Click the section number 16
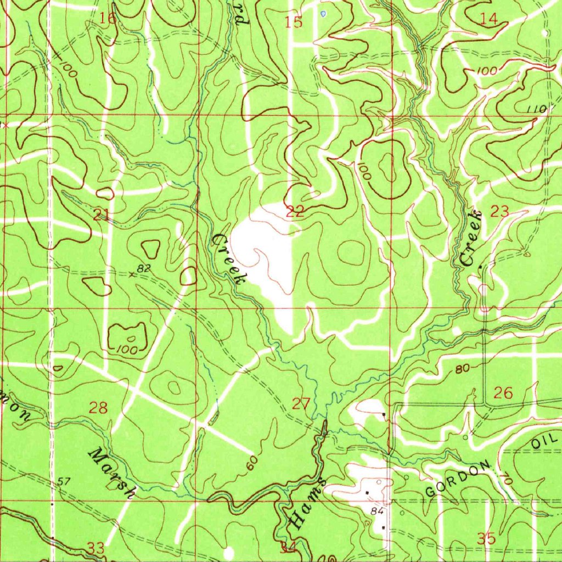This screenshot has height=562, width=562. click(x=109, y=19)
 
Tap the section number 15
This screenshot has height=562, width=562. click(x=294, y=23)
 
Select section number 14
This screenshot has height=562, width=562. click(x=488, y=19)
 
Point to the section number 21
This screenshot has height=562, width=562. click(x=100, y=215)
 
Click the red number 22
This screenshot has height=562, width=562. click(x=295, y=211)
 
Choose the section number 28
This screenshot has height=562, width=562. click(x=98, y=408)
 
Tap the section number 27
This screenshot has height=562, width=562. click(x=301, y=404)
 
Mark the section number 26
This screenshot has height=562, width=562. click(x=503, y=392)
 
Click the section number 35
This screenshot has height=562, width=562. click(x=487, y=538)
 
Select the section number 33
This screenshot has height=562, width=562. click(x=95, y=547)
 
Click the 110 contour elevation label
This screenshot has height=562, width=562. click(x=536, y=109)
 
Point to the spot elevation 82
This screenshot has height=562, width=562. click(x=144, y=268)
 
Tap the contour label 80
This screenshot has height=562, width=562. click(x=462, y=369)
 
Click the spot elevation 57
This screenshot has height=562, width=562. click(x=64, y=481)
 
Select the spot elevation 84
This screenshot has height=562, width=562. click(x=376, y=512)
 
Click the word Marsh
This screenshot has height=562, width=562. click(x=113, y=473)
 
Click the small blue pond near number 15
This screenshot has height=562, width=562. click(x=323, y=13)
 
